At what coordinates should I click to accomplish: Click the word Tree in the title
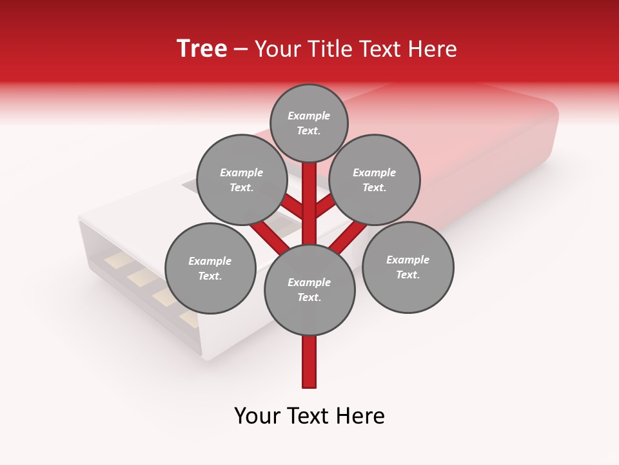202,49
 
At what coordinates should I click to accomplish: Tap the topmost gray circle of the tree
309,123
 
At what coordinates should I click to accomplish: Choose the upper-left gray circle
242,180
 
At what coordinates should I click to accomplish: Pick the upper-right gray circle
375,180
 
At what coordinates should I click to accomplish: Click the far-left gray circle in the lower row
210,268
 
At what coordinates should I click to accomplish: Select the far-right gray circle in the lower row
408,267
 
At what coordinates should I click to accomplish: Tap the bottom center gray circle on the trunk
309,289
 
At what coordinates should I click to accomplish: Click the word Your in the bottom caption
258,416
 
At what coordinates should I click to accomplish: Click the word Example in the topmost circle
309,116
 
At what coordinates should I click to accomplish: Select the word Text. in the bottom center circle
309,297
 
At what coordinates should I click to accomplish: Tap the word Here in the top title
433,49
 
